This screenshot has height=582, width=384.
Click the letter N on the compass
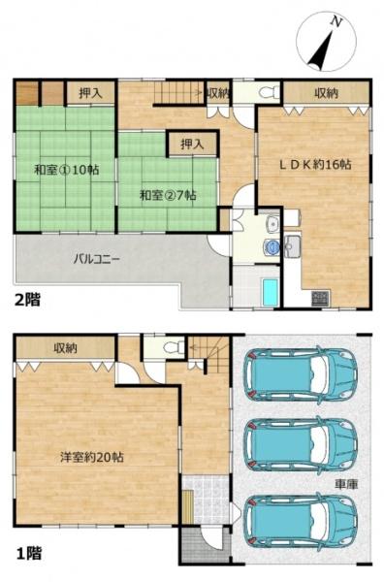point(336,22)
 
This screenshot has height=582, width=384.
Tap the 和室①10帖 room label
point(67,171)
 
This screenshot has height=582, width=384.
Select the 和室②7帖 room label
point(168,195)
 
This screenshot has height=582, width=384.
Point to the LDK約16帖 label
point(315,165)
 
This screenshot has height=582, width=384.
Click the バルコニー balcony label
point(96,259)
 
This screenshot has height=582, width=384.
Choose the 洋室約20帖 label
point(92,457)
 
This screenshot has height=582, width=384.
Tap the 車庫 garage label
point(346,484)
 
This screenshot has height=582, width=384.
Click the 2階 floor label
point(27,300)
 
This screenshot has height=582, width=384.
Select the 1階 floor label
point(28,554)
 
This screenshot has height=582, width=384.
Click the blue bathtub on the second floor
point(271,293)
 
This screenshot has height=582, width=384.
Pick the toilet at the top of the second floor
point(269,92)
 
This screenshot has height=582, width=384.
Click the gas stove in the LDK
point(320,299)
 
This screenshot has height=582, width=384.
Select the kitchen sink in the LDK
point(293,246)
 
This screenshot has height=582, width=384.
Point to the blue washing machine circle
point(272,245)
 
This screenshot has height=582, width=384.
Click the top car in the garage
point(301,374)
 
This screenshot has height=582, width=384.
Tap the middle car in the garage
point(301,444)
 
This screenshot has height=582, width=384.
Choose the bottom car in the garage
point(301,522)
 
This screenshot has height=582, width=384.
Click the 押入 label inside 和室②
point(192,144)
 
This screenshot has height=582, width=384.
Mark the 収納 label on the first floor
point(65,348)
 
